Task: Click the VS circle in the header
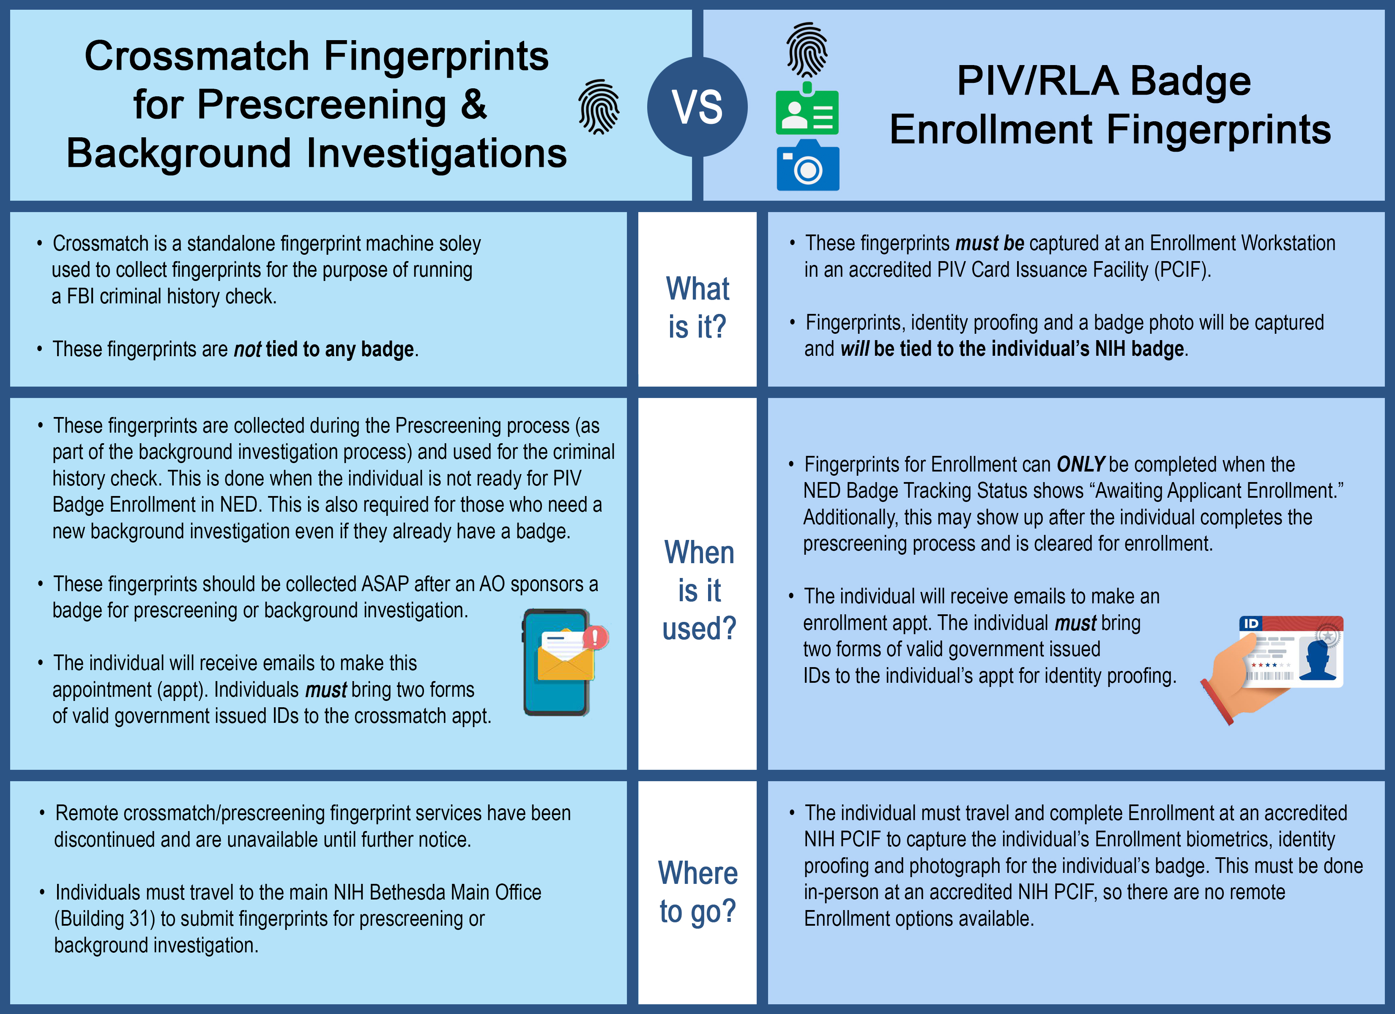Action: tap(697, 107)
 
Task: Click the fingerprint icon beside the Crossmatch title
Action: tap(599, 107)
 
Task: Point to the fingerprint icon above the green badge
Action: tap(807, 50)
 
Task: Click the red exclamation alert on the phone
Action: tap(595, 637)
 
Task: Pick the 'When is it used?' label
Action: tap(699, 590)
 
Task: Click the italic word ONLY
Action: tap(1080, 464)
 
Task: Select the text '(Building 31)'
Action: tap(104, 919)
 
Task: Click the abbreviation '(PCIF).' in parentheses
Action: tap(1183, 270)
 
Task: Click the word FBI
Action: tap(80, 297)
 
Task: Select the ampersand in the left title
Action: tap(473, 104)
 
